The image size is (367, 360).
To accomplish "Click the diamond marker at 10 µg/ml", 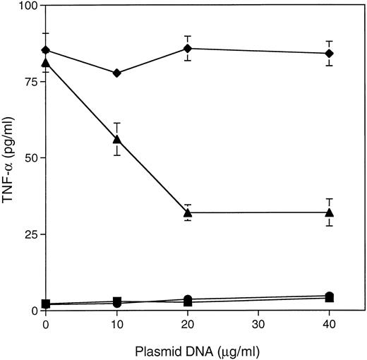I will pyautogui.click(x=116, y=73).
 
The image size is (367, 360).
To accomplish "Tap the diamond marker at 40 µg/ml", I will pyautogui.click(x=329, y=54).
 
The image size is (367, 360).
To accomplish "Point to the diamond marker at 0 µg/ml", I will pyautogui.click(x=46, y=50).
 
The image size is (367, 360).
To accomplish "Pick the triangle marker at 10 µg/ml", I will pyautogui.click(x=116, y=139).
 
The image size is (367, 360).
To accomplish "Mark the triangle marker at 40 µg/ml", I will pyautogui.click(x=329, y=212).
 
